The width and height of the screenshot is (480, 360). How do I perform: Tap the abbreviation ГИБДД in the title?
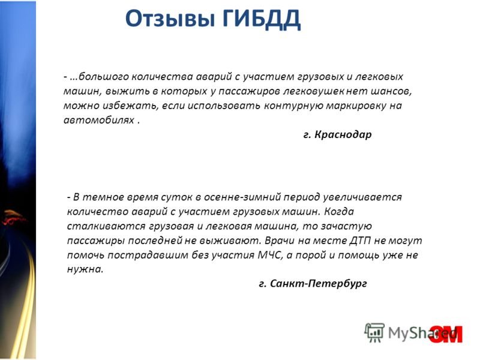coord(261,19)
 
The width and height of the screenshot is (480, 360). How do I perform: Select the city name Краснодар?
coord(343,134)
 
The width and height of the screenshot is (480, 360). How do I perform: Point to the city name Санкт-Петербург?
coord(319,284)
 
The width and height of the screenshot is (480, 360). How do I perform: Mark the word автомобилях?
coord(99,120)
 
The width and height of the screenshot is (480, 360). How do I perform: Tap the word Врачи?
coord(280,241)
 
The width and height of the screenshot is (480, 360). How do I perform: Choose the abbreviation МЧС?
coord(269,256)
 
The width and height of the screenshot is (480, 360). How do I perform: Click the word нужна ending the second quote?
coord(85,269)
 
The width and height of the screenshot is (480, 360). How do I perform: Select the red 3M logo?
coord(446,334)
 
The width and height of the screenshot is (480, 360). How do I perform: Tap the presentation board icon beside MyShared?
coord(374,332)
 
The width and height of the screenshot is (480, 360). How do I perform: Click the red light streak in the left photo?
coord(14,217)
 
